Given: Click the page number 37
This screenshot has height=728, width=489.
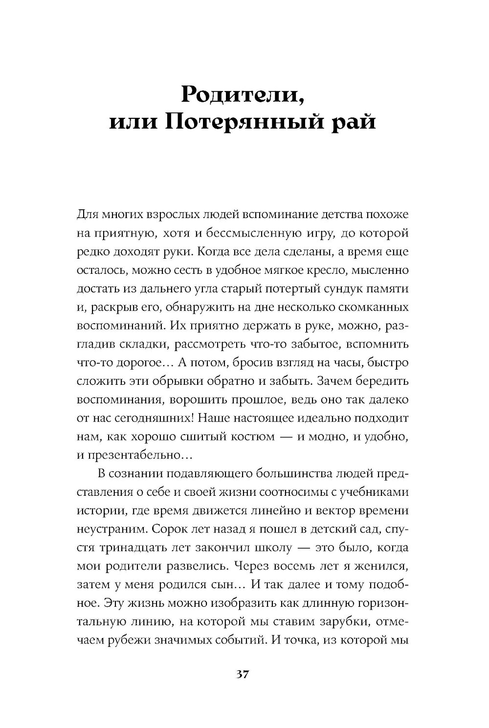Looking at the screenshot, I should [243, 675].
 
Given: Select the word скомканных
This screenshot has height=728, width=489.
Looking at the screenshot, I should [370, 308].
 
